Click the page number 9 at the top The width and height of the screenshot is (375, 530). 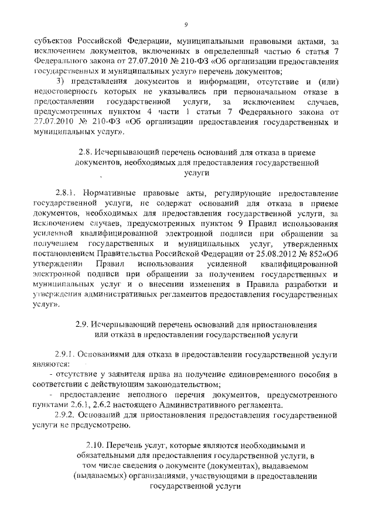coord(186,24)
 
